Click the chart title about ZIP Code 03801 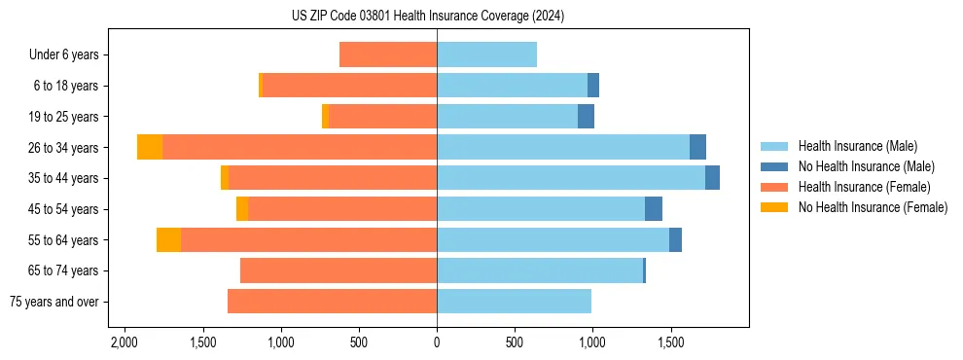pyautogui.click(x=427, y=17)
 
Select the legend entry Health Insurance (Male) pyautogui.click(x=857, y=146)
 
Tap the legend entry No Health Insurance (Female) pyautogui.click(x=873, y=207)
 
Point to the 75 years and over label pyautogui.click(x=54, y=302)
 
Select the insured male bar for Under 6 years pyautogui.click(x=486, y=54)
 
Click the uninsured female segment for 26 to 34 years pyautogui.click(x=150, y=147)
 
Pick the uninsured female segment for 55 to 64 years pyautogui.click(x=168, y=239)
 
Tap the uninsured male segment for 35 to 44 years pyautogui.click(x=712, y=178)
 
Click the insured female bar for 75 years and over pyautogui.click(x=332, y=302)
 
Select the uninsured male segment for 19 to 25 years pyautogui.click(x=586, y=117)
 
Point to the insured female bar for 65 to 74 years pyautogui.click(x=339, y=270)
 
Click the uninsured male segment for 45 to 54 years pyautogui.click(x=654, y=209)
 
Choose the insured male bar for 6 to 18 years pyautogui.click(x=512, y=86)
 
